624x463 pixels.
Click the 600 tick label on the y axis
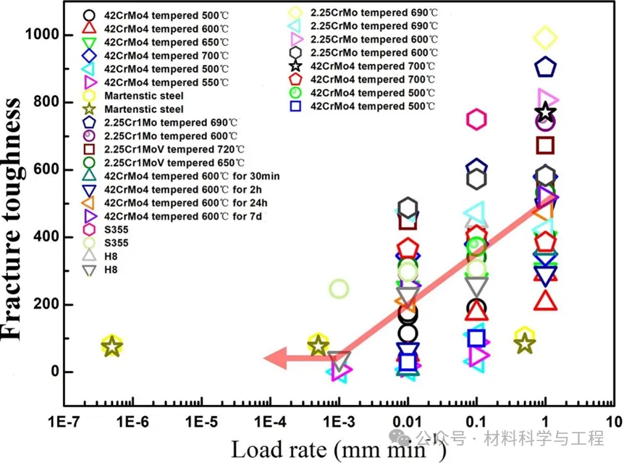46,170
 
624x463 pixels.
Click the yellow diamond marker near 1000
545,37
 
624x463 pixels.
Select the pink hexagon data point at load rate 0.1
476,120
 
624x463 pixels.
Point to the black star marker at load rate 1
546,112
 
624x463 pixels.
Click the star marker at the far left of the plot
111,346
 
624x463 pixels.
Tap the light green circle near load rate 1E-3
339,289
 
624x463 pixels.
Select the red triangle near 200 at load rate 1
545,299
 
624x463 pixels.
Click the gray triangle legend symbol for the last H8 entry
89,270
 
